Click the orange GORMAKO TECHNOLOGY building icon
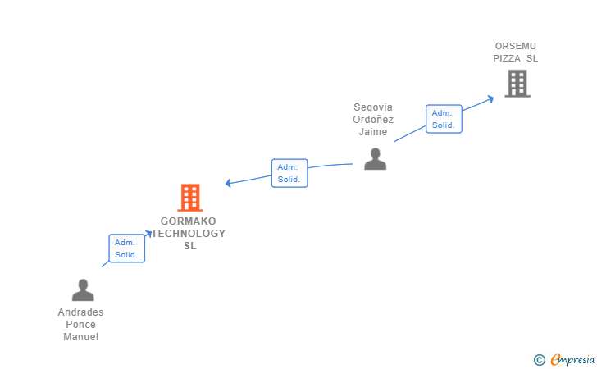click(x=190, y=198)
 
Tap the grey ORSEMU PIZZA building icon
click(x=517, y=84)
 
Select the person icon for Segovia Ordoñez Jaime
click(x=375, y=159)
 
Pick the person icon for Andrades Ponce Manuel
click(x=83, y=290)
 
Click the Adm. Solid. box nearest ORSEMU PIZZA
click(x=444, y=119)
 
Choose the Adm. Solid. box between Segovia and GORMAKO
click(x=289, y=173)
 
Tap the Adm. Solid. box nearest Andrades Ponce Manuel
click(x=127, y=248)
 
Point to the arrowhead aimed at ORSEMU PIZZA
click(x=490, y=99)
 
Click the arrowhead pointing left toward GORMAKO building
click(x=228, y=183)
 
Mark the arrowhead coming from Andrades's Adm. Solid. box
click(x=148, y=233)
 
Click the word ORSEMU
click(x=516, y=46)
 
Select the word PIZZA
click(x=507, y=58)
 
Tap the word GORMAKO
click(x=188, y=221)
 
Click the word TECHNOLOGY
click(x=189, y=234)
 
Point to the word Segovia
click(x=373, y=107)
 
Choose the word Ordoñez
click(x=373, y=119)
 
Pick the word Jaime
click(x=373, y=132)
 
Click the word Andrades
click(x=80, y=312)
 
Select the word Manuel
click(x=80, y=337)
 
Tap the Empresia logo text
click(x=572, y=359)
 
